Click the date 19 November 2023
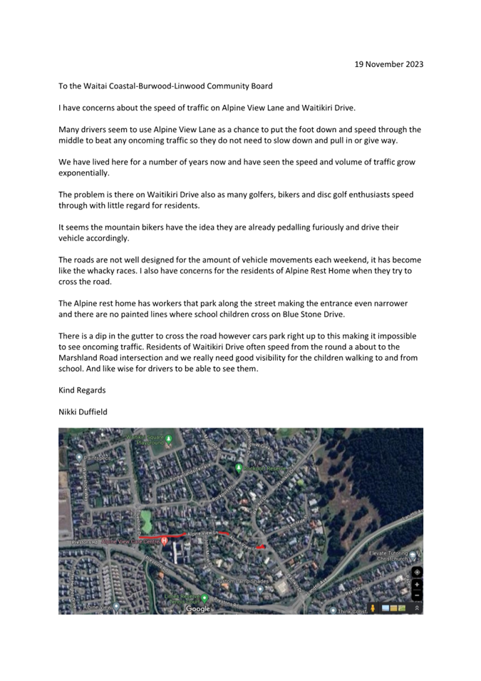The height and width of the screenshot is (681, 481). point(388,64)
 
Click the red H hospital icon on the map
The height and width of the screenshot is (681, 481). point(165,541)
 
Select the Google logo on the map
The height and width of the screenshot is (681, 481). point(198,608)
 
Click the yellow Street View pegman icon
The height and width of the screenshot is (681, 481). point(373,608)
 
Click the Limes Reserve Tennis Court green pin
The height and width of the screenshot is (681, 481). point(203,598)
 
